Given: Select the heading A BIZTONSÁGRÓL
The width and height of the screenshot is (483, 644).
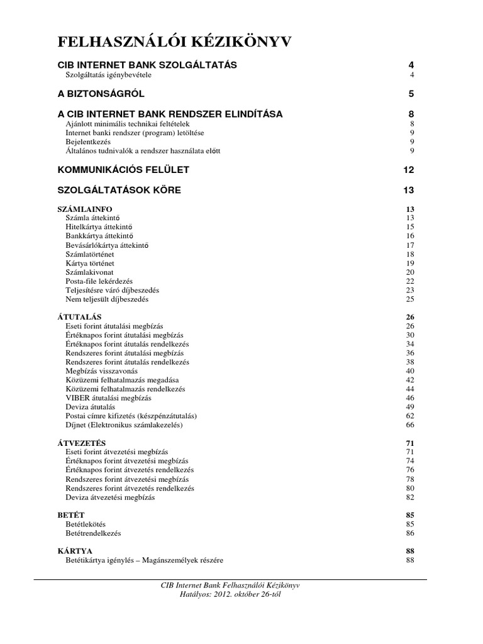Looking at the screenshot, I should coord(101,94).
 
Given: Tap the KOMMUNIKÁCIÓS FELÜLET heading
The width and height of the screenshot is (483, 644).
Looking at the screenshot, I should coord(123,170).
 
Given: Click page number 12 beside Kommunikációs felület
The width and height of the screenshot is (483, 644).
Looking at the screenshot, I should coord(409,170).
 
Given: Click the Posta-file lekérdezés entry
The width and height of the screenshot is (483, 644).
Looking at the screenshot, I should coord(108,280).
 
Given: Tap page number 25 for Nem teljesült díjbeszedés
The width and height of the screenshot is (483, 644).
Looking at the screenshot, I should coord(411,299).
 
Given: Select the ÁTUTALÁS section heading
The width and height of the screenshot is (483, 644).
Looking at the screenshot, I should coord(80,317).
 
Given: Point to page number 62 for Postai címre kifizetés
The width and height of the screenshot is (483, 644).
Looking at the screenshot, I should coord(411,416).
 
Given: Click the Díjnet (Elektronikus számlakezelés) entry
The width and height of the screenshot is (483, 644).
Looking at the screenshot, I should coord(124,425).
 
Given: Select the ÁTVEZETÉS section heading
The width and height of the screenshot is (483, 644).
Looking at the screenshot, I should coord(82,443).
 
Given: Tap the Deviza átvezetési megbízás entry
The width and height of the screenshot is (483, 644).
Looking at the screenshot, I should coord(110,497).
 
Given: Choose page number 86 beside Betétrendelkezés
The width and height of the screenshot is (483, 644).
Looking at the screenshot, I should coord(411,533).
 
